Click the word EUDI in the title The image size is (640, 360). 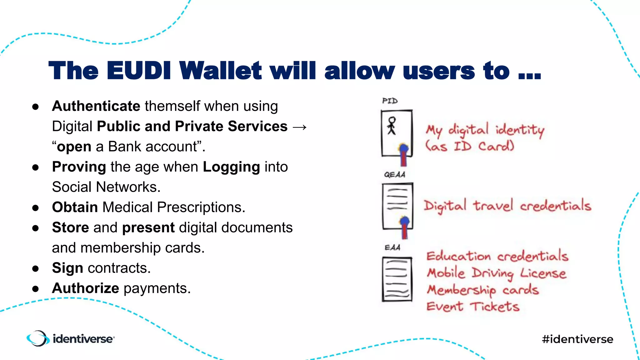point(138,71)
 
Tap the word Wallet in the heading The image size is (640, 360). point(220,71)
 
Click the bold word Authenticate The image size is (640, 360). point(96,106)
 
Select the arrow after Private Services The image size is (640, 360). point(300,127)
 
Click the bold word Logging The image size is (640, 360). point(231,167)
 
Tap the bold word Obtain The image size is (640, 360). point(75,207)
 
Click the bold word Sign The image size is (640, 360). point(67,268)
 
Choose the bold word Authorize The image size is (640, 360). point(85,288)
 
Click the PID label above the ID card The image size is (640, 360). point(390,101)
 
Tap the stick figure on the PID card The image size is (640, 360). point(392,126)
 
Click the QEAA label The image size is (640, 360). point(394,174)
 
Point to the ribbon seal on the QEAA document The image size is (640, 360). point(404,227)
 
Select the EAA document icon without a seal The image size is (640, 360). point(397,279)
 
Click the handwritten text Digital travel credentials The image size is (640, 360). point(507,206)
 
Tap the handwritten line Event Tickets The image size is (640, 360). point(473,306)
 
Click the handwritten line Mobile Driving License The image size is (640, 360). point(496,273)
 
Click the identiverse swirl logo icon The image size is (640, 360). point(38,338)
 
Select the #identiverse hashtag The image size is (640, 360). point(577,339)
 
